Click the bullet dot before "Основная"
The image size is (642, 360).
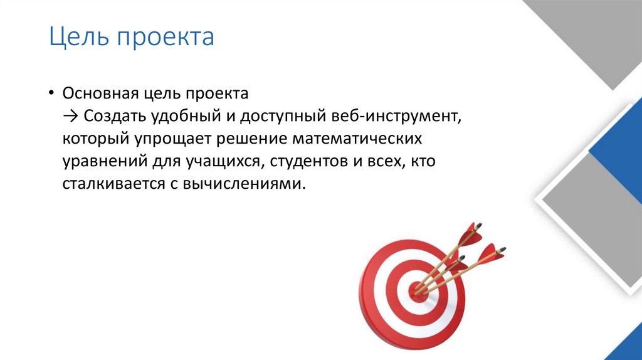pos(50,93)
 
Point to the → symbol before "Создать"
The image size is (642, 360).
pos(70,116)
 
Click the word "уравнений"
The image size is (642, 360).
pos(101,162)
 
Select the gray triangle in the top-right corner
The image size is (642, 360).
pos(596,31)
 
